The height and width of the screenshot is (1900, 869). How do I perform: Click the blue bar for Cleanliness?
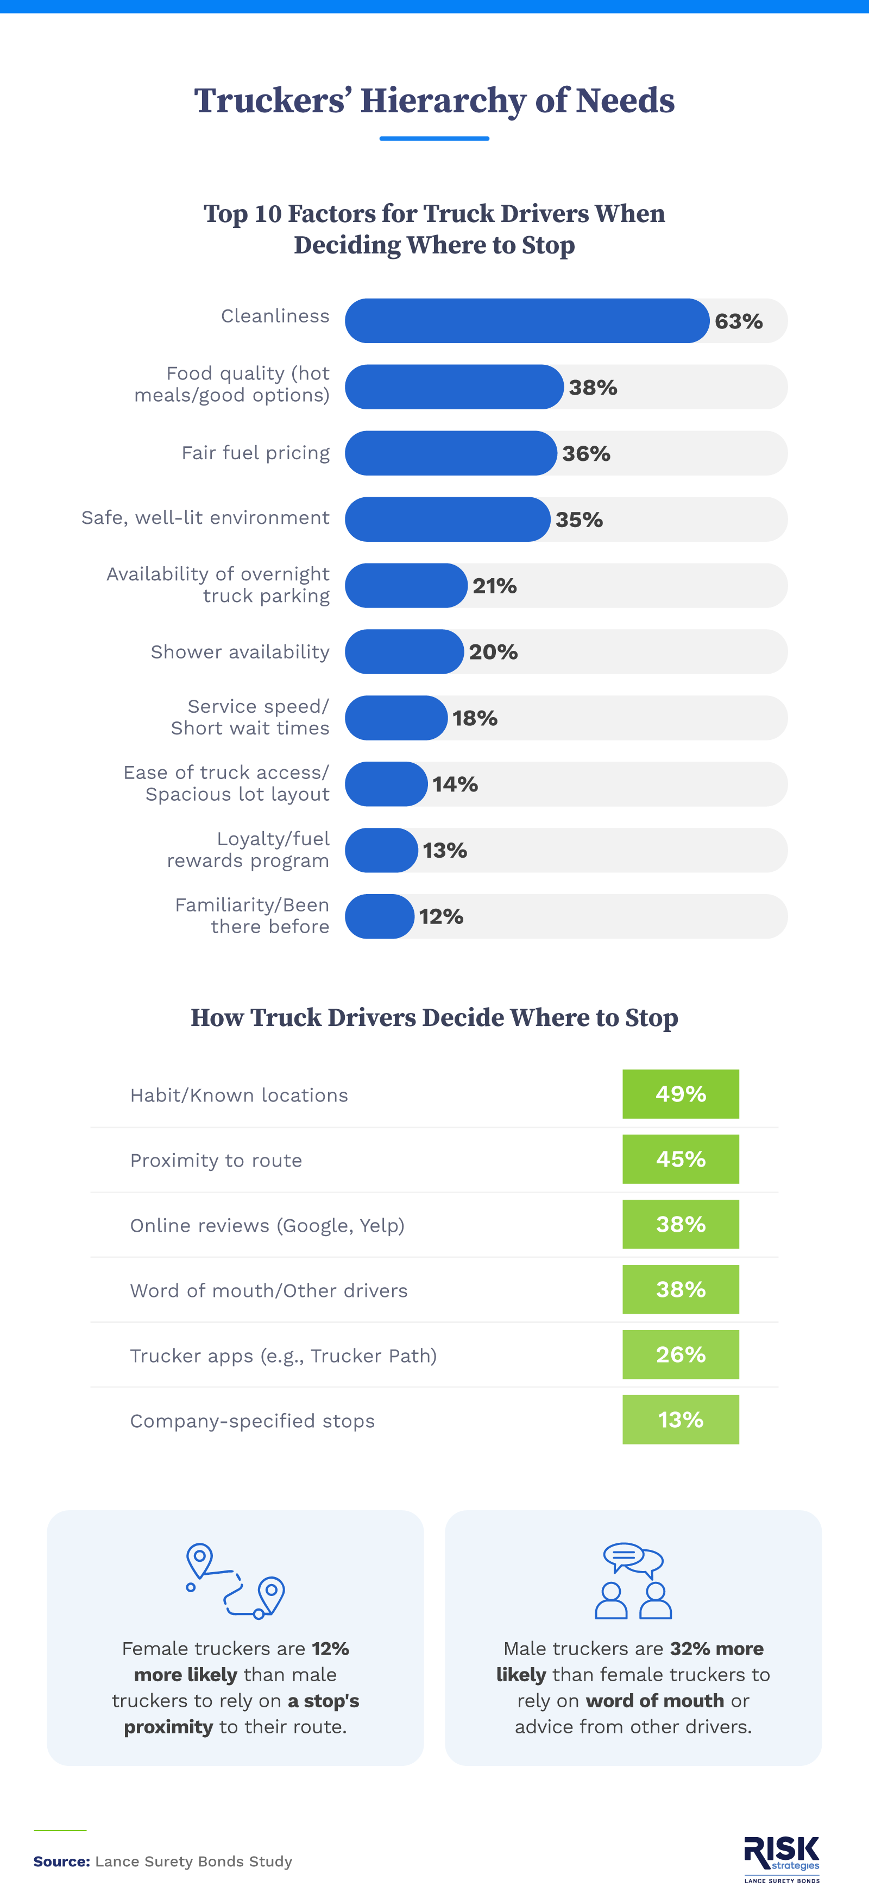[527, 321]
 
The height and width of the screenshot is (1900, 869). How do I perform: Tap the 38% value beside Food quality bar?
[593, 387]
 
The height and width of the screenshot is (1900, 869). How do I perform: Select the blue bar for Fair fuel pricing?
[451, 453]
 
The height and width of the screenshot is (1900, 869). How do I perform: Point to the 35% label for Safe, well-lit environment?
[579, 520]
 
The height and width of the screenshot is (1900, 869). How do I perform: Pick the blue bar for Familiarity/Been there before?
[379, 916]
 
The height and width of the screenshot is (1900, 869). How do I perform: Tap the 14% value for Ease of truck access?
[455, 784]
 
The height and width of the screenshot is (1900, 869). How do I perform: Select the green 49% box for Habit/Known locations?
[680, 1094]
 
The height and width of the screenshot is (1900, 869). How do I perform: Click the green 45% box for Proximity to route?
[680, 1159]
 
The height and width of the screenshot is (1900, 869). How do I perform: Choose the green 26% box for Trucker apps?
[680, 1354]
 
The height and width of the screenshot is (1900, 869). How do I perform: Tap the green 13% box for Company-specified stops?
[680, 1419]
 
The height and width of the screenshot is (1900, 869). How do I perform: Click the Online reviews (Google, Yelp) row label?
[267, 1225]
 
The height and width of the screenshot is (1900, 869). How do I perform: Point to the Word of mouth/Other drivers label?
[268, 1290]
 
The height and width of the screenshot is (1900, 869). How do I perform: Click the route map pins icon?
[235, 1581]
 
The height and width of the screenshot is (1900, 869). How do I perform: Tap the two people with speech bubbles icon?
[633, 1581]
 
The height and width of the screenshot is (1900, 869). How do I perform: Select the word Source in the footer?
[61, 1861]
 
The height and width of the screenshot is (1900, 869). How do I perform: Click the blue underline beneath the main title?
[434, 138]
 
